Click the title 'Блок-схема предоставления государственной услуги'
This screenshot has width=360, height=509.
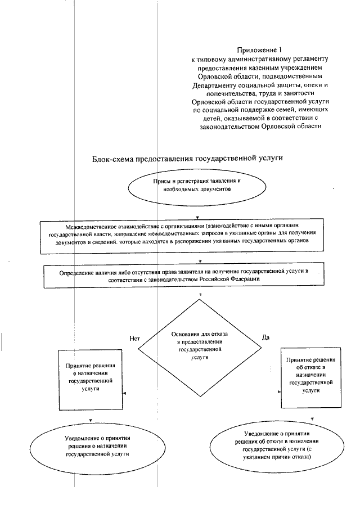187,160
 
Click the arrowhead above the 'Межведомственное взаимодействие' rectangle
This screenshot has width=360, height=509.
197,217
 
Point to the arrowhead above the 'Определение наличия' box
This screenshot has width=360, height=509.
200,262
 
